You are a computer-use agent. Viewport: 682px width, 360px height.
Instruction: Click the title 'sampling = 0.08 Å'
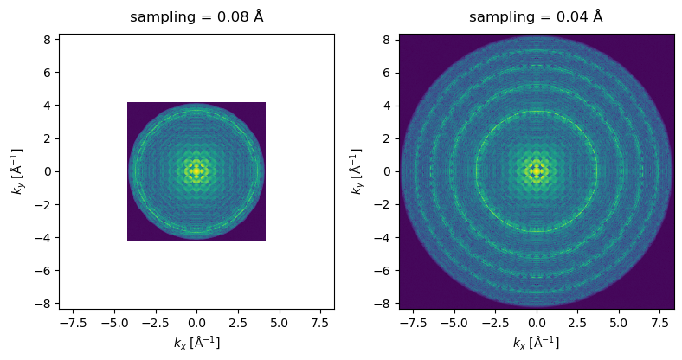click(x=196, y=17)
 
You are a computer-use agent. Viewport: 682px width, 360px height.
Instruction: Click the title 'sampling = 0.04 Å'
click(x=536, y=17)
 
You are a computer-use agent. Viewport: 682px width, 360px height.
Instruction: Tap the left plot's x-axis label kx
click(x=196, y=343)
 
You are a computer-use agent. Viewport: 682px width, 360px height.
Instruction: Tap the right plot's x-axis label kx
click(x=536, y=343)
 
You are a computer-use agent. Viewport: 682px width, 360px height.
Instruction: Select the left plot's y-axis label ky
click(x=18, y=171)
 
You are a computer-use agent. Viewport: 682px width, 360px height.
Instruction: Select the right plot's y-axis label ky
click(x=357, y=171)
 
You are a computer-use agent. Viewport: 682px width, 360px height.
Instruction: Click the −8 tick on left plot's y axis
click(x=46, y=304)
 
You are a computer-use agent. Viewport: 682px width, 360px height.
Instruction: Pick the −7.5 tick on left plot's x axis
click(x=73, y=324)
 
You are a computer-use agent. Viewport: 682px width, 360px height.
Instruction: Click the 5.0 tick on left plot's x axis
click(x=280, y=324)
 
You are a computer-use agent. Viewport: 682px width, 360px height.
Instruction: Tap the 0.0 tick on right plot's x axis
click(x=537, y=324)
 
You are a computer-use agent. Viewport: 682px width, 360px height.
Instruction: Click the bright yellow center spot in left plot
click(x=196, y=171)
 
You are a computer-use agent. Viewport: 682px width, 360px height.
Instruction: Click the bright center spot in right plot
click(x=537, y=171)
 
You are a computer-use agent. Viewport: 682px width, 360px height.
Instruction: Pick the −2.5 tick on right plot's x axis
click(x=495, y=324)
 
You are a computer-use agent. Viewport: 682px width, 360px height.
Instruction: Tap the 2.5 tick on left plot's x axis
click(x=238, y=324)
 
